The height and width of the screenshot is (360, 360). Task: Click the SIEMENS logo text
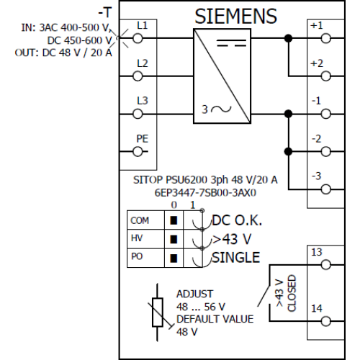235,17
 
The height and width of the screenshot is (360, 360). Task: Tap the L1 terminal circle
138,38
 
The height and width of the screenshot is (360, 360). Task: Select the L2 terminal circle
138,76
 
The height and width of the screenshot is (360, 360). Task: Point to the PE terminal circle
138,152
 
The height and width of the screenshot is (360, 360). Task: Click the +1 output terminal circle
325,38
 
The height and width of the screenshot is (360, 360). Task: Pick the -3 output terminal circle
325,189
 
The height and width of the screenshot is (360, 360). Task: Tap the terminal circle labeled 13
325,265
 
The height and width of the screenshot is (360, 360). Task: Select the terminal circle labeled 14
325,321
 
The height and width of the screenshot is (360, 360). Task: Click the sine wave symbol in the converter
221,109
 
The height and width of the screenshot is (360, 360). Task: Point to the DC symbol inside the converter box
231,43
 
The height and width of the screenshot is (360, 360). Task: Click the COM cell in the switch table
145,220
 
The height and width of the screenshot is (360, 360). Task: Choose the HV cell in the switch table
145,239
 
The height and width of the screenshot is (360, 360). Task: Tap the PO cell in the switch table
145,258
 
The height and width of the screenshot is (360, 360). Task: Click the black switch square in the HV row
174,239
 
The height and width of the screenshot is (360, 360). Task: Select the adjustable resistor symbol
158,312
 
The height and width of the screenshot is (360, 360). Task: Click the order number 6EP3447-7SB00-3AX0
205,193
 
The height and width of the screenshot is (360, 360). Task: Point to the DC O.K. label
237,220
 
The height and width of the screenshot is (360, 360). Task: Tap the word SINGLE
235,258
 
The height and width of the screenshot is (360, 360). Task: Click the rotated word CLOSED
292,293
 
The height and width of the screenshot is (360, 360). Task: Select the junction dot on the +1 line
288,38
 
